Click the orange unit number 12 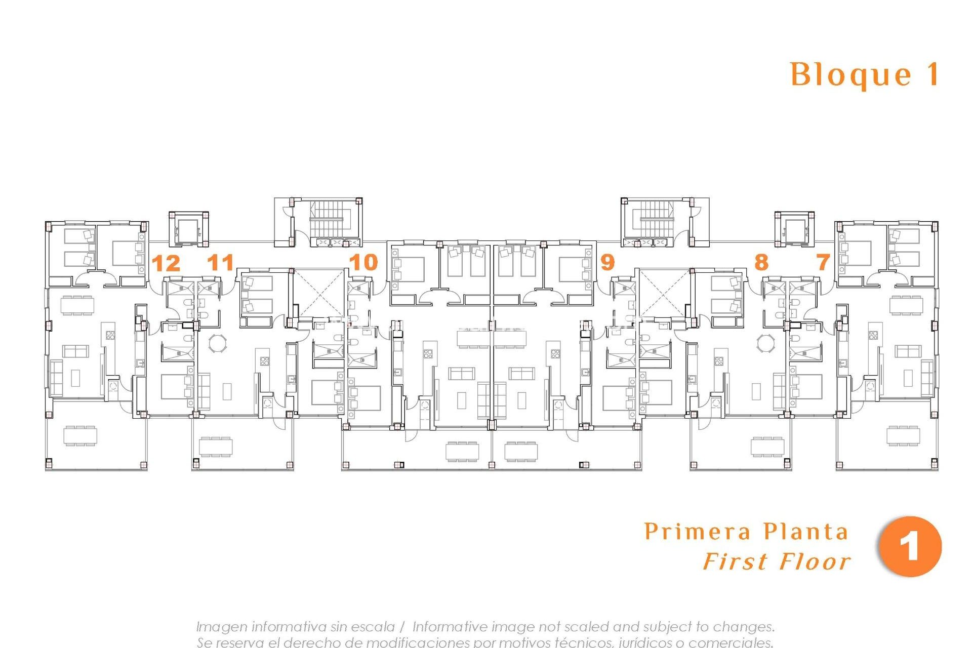[x=166, y=263]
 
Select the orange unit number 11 [x=221, y=262]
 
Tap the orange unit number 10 [x=363, y=262]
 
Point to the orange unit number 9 [x=607, y=262]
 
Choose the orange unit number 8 [x=761, y=262]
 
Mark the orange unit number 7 [x=823, y=262]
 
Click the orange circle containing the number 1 [x=910, y=547]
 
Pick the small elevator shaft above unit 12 [x=188, y=230]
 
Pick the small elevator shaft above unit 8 [x=794, y=230]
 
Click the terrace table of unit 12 [x=80, y=435]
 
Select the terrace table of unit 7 [x=904, y=435]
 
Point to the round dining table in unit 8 [x=765, y=343]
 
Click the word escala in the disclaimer [x=374, y=627]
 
